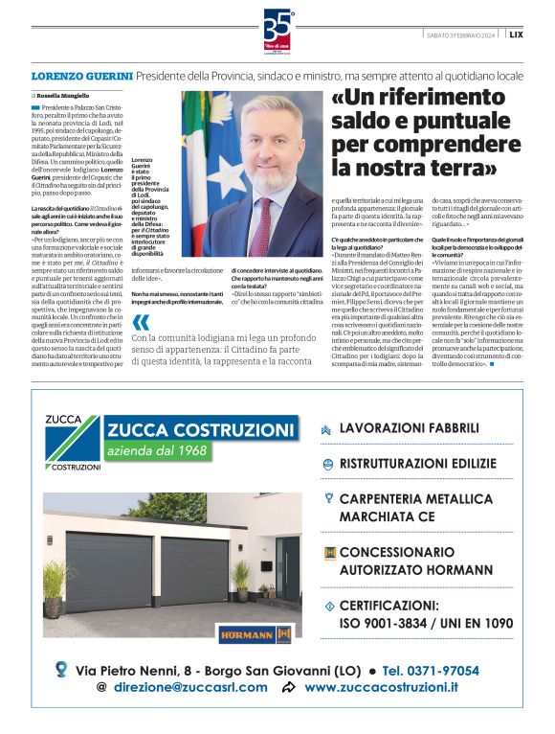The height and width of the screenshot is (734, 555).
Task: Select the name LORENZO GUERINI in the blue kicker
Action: pyautogui.click(x=81, y=74)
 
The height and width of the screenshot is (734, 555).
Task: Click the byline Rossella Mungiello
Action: pyautogui.click(x=67, y=97)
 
